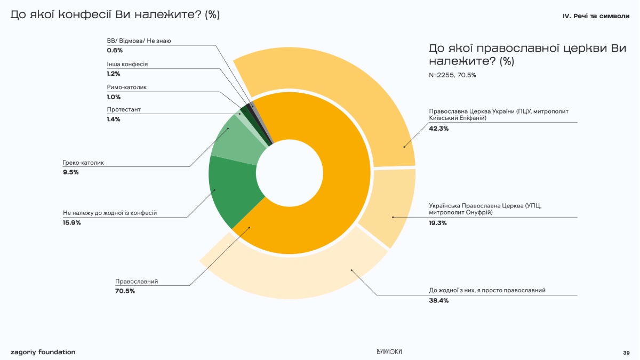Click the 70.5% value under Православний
[125, 291]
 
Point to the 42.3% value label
[438, 129]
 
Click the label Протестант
[124, 109]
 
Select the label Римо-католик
[127, 86]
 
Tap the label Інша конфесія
[127, 64]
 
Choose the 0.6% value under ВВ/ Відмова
[115, 50]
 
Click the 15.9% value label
[71, 222]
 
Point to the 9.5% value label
[70, 172]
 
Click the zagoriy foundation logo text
[43, 352]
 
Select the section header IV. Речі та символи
[596, 16]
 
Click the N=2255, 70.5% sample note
[452, 75]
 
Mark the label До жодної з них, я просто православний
[487, 291]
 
